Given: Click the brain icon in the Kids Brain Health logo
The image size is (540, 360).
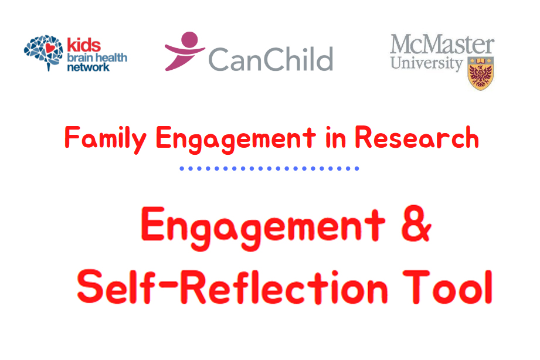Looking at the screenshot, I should click(43, 53).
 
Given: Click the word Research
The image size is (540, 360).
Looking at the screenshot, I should click(417, 138).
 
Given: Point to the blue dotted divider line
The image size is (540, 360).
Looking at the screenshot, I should click(269, 168).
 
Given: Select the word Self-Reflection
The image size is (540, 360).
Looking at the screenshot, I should click(232, 287).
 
